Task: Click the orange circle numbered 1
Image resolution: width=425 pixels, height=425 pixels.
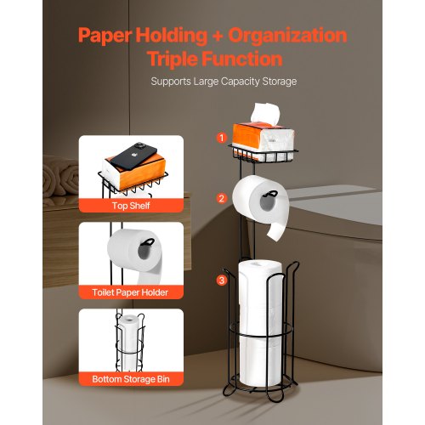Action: tap(222, 138)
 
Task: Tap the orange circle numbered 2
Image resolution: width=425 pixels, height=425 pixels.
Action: tap(222, 198)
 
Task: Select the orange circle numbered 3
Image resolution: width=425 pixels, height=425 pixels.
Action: tap(222, 280)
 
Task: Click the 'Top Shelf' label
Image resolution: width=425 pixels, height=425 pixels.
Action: tap(131, 206)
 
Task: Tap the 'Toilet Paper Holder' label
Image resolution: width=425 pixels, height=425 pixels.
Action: tap(130, 292)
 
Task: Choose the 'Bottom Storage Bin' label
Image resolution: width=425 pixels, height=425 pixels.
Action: tap(131, 379)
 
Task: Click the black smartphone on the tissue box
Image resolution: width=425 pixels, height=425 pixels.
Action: tap(133, 156)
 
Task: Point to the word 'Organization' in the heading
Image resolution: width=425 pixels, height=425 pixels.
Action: tap(287, 36)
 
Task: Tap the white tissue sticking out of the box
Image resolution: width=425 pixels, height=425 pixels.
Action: tap(265, 113)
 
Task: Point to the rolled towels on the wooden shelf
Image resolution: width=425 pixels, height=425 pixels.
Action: tap(60, 177)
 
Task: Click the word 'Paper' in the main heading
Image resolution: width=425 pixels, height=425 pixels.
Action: tap(105, 36)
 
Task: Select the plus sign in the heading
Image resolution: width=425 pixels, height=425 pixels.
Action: tap(218, 36)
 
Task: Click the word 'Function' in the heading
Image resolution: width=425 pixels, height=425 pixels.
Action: tap(242, 59)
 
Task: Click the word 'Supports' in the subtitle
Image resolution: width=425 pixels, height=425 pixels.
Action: tap(171, 82)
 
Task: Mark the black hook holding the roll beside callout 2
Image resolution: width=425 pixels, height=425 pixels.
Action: tap(269, 194)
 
